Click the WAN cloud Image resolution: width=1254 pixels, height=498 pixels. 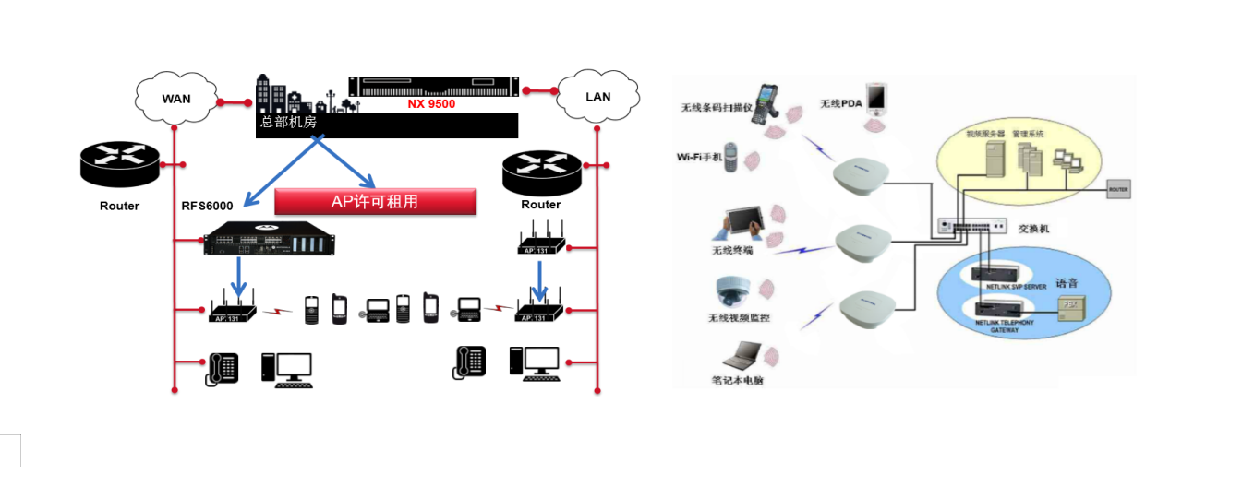(x=175, y=98)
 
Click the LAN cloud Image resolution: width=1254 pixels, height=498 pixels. (x=597, y=96)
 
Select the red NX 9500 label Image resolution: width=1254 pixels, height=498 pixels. (x=431, y=104)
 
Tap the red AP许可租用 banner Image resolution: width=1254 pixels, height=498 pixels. (x=375, y=201)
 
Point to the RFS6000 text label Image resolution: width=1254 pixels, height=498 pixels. (x=207, y=206)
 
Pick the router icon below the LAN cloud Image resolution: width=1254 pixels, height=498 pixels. (x=541, y=168)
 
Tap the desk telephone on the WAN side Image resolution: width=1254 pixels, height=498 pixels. (x=222, y=369)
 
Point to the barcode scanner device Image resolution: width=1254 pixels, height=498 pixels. (x=768, y=102)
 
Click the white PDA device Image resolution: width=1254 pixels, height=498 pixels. (x=876, y=97)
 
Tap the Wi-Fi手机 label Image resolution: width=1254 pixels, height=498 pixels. (x=698, y=157)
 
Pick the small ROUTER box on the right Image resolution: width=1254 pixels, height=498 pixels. (x=1118, y=190)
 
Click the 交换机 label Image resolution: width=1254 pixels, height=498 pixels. (x=1033, y=228)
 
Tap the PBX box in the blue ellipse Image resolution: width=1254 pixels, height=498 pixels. (x=1069, y=304)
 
